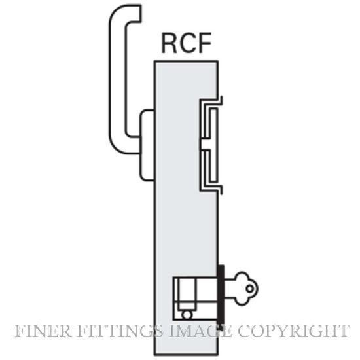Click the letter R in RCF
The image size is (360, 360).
pyautogui.click(x=170, y=43)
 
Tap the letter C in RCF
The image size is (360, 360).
pyautogui.click(x=187, y=43)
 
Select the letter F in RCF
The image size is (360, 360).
pyautogui.click(x=204, y=43)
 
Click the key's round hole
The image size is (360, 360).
pyautogui.click(x=250, y=289)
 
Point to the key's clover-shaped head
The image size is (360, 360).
pyautogui.click(x=245, y=288)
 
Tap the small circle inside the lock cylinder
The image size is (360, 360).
pyautogui.click(x=187, y=315)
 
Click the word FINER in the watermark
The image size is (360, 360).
pyautogui.click(x=43, y=331)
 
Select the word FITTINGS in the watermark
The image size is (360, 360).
pyautogui.click(x=120, y=331)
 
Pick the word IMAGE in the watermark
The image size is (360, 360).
pyautogui.click(x=200, y=331)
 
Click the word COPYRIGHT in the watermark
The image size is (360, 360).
pyautogui.click(x=293, y=331)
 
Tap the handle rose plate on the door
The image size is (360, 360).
pyautogui.click(x=147, y=145)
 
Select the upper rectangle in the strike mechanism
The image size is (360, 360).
pyautogui.click(x=214, y=123)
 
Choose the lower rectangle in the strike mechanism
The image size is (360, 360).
pyautogui.click(x=214, y=166)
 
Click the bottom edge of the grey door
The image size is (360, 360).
pyautogui.click(x=186, y=355)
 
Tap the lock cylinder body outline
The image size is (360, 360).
pyautogui.click(x=196, y=299)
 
